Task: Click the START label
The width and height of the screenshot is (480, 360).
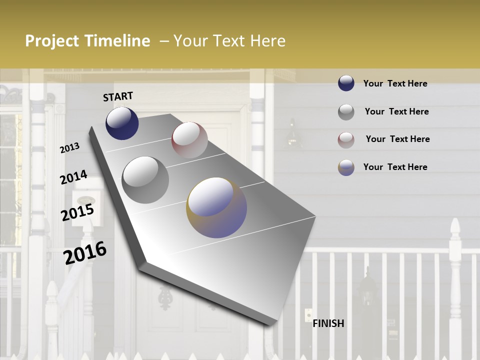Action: [118, 96]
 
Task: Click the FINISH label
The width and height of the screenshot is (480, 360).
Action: [328, 323]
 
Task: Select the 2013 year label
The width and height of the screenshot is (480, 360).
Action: [69, 148]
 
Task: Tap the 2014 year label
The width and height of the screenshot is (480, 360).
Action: [73, 177]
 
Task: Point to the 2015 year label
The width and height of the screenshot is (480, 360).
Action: [77, 212]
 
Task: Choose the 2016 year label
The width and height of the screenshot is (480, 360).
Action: [85, 253]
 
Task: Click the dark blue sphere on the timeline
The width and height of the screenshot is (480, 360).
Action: [122, 123]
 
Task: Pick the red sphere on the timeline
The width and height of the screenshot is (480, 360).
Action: [189, 140]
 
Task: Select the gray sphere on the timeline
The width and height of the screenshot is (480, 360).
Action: [145, 179]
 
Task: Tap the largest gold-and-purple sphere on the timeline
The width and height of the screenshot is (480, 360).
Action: [216, 207]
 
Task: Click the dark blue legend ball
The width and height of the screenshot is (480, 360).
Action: [346, 83]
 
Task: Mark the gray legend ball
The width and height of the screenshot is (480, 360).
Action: [346, 112]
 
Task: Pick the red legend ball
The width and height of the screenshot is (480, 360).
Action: [346, 139]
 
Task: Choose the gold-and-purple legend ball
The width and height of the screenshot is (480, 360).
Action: [346, 167]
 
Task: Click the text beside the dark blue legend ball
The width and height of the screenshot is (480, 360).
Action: [395, 83]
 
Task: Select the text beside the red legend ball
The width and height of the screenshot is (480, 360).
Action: [397, 139]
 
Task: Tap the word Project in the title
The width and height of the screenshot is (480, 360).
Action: [52, 41]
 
